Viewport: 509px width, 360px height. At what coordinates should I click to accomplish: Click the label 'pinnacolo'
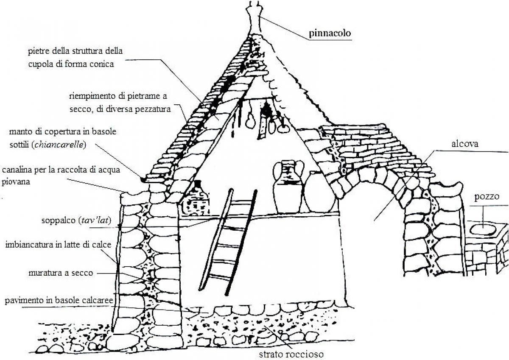330,33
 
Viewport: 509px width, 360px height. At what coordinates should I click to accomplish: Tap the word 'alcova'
465,144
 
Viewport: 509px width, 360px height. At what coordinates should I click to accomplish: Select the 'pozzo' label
487,197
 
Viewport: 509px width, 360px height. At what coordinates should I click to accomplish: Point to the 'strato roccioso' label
291,354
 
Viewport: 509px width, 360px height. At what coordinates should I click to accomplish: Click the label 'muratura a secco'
61,273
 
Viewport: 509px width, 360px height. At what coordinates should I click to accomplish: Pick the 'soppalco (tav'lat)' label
76,220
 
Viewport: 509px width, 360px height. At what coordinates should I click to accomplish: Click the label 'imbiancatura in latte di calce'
59,245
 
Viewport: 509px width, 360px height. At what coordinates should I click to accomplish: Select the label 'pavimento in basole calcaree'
59,301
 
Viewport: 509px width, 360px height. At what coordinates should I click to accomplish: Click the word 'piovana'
16,182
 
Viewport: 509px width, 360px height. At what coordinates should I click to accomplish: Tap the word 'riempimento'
92,96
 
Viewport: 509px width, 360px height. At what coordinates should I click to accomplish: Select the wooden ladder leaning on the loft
228,242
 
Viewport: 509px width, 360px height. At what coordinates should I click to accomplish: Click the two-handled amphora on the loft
288,186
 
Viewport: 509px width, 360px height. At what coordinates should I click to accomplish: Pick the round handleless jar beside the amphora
320,193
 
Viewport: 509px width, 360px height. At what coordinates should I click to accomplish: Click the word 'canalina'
17,170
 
